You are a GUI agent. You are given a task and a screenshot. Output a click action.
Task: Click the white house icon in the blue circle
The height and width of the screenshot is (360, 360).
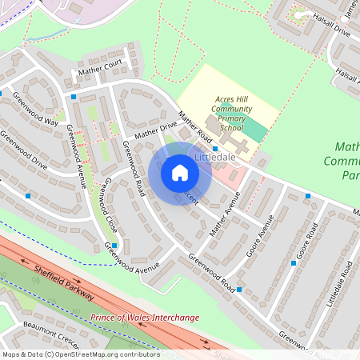tap(180, 173)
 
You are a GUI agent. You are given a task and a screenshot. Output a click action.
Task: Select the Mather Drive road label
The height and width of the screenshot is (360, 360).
tap(156, 130)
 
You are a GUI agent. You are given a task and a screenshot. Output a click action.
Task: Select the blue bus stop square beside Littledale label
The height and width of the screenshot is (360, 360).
tap(215, 149)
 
